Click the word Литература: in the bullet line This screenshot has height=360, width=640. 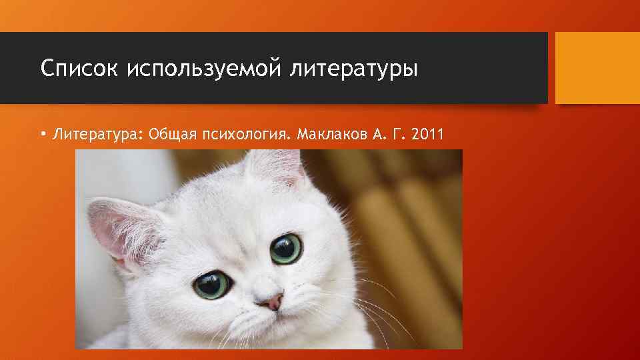[x=98, y=135]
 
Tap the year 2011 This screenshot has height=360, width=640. [x=428, y=135]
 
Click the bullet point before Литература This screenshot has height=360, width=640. [x=42, y=135]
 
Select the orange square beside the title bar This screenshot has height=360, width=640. [x=597, y=68]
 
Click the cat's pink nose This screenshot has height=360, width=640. [x=271, y=303]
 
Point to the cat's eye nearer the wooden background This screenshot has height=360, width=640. [x=287, y=248]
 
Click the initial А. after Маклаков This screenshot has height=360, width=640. [x=378, y=135]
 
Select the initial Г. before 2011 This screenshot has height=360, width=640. [x=399, y=135]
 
